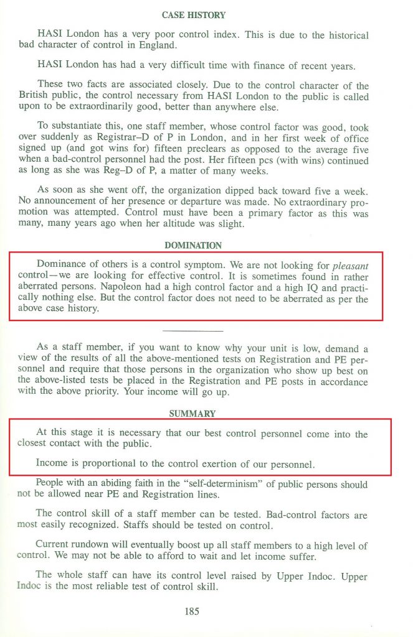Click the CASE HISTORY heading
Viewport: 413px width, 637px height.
point(194,15)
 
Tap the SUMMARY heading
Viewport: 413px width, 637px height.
point(192,414)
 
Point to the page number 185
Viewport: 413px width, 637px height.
point(192,611)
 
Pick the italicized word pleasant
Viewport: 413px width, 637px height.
point(350,265)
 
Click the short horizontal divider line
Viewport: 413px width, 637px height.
point(192,331)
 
